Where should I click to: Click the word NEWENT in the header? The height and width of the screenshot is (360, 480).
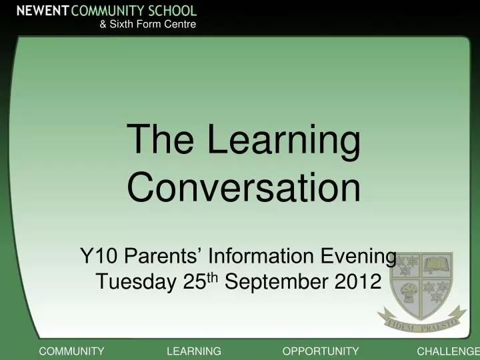[42, 10]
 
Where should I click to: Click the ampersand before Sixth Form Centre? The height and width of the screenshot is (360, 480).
[103, 25]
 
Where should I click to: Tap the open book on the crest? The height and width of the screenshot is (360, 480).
[438, 265]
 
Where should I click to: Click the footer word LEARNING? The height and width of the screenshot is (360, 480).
[193, 351]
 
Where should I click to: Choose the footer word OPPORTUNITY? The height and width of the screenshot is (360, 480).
[321, 351]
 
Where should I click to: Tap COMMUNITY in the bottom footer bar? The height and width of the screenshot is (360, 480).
[71, 351]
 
